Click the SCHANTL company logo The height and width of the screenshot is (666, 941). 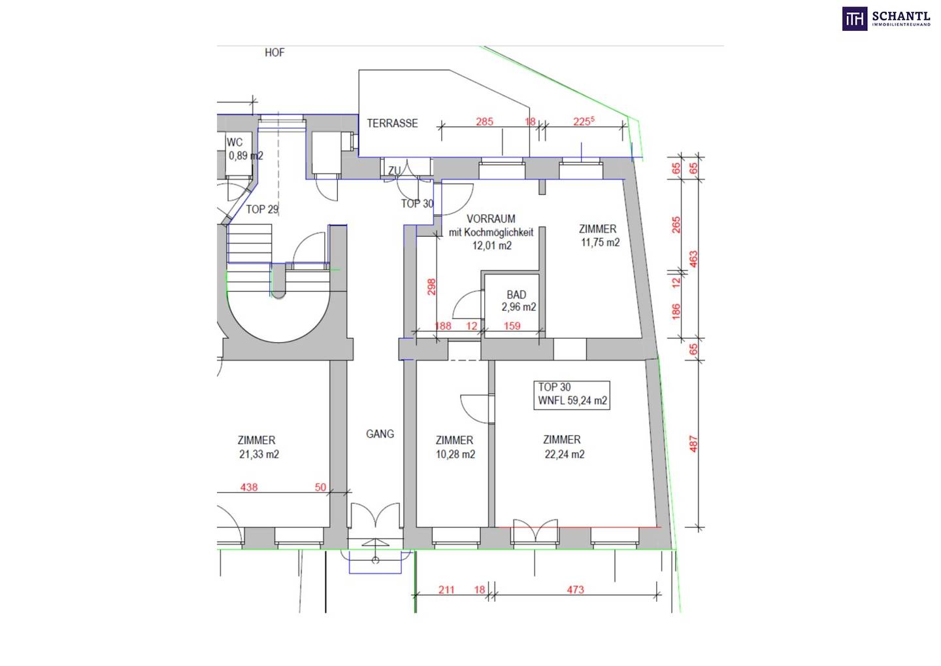(886, 19)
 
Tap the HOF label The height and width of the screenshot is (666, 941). (274, 52)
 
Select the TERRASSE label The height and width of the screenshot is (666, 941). (392, 124)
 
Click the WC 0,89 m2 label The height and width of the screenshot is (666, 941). (244, 149)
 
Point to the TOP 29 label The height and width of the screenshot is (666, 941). (262, 209)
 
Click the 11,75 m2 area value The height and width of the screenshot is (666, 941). (601, 243)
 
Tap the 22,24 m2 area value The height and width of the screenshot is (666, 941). (565, 455)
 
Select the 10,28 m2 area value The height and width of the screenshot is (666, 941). (455, 455)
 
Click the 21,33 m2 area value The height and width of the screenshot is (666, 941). (259, 455)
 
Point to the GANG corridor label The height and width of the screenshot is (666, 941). (380, 434)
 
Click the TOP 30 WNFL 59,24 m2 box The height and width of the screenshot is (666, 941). (572, 394)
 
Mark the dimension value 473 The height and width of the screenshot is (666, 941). (575, 590)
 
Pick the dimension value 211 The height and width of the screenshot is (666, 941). (446, 590)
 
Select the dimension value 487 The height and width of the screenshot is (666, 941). (693, 444)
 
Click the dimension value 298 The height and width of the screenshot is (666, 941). (431, 287)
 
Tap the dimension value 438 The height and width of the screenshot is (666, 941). (249, 487)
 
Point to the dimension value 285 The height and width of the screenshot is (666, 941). (484, 122)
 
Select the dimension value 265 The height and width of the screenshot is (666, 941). (676, 225)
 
